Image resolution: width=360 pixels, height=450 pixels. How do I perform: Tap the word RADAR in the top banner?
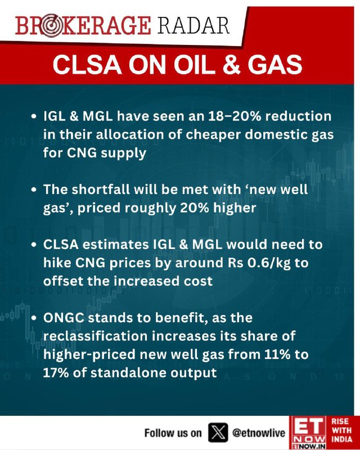point(193,26)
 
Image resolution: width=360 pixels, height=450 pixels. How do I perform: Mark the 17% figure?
point(56,373)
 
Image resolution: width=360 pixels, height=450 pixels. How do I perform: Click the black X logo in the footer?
point(218,432)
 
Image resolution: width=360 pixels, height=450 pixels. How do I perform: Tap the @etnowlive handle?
point(259,433)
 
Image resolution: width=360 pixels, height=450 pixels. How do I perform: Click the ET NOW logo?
point(308,433)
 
